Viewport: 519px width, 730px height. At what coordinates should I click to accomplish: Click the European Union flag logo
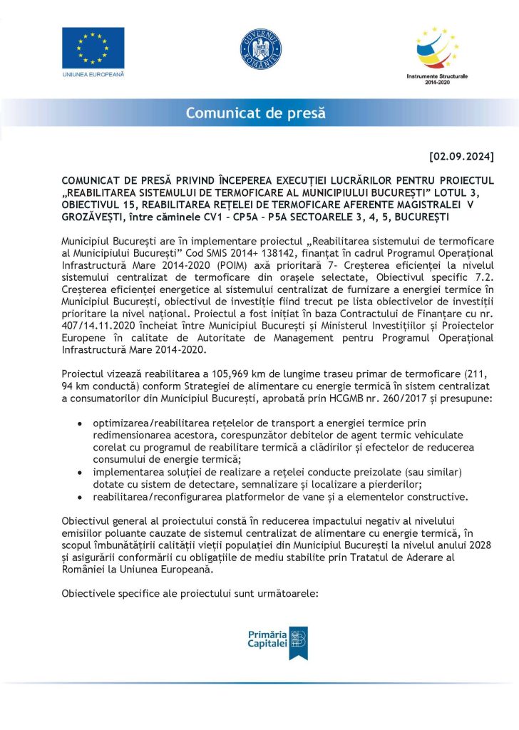pyautogui.click(x=93, y=47)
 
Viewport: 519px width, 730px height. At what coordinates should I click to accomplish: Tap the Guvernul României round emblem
pyautogui.click(x=259, y=48)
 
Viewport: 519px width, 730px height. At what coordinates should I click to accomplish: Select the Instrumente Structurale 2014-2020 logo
pyautogui.click(x=436, y=53)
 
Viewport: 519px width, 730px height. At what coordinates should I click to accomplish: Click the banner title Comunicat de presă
pyautogui.click(x=255, y=113)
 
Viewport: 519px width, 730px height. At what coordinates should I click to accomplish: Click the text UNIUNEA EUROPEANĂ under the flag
pyautogui.click(x=93, y=74)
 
